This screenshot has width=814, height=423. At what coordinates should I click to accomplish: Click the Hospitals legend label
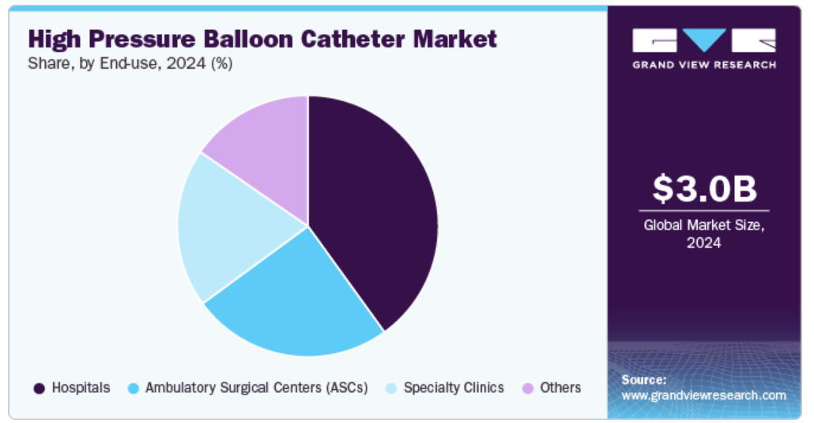coord(81,387)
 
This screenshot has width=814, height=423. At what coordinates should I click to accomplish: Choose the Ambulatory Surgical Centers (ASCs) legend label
coord(257,387)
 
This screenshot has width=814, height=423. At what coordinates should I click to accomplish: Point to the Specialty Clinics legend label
coord(454,387)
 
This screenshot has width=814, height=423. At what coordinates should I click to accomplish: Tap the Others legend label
coord(560,387)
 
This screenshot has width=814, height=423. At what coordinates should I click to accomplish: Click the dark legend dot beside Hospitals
coord(39,388)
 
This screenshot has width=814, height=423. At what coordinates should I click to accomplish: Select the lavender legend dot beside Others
coord(527,388)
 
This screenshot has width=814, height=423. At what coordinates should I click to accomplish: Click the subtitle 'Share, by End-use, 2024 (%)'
coord(130,63)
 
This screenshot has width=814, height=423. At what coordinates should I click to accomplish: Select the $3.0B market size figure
coord(704,188)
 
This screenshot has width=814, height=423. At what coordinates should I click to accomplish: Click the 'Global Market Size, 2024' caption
coord(704,234)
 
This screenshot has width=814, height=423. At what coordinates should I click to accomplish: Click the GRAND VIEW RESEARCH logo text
coord(704,65)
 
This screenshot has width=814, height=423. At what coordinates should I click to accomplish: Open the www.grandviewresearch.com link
coord(704,395)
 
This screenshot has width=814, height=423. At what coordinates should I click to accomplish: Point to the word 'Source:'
coord(644,380)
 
